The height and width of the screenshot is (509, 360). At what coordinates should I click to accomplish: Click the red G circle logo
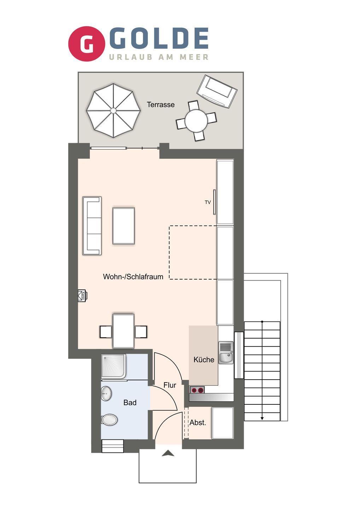pyautogui.click(x=87, y=44)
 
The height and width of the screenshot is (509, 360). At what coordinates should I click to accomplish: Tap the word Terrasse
pyautogui.click(x=161, y=105)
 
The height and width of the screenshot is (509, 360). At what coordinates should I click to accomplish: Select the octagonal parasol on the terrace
pyautogui.click(x=113, y=110)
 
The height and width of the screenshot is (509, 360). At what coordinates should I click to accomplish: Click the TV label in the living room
pyautogui.click(x=208, y=202)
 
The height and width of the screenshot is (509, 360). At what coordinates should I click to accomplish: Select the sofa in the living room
pyautogui.click(x=92, y=226)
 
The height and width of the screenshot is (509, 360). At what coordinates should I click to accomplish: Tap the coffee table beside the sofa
pyautogui.click(x=124, y=226)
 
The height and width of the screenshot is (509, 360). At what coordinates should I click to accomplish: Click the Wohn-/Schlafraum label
pyautogui.click(x=133, y=276)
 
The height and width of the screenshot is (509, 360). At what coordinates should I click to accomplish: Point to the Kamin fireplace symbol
pyautogui.click(x=82, y=296)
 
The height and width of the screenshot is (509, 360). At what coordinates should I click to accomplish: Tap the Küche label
pyautogui.click(x=204, y=360)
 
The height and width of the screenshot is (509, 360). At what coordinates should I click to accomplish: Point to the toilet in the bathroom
pyautogui.click(x=109, y=419)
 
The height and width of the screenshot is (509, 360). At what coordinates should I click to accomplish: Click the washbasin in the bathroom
pyautogui.click(x=106, y=393)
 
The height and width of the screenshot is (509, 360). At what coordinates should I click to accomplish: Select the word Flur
pyautogui.click(x=170, y=385)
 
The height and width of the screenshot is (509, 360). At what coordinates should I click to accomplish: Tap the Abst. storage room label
pyautogui.click(x=198, y=423)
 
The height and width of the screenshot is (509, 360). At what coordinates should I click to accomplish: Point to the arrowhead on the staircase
pyautogui.click(x=262, y=419)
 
